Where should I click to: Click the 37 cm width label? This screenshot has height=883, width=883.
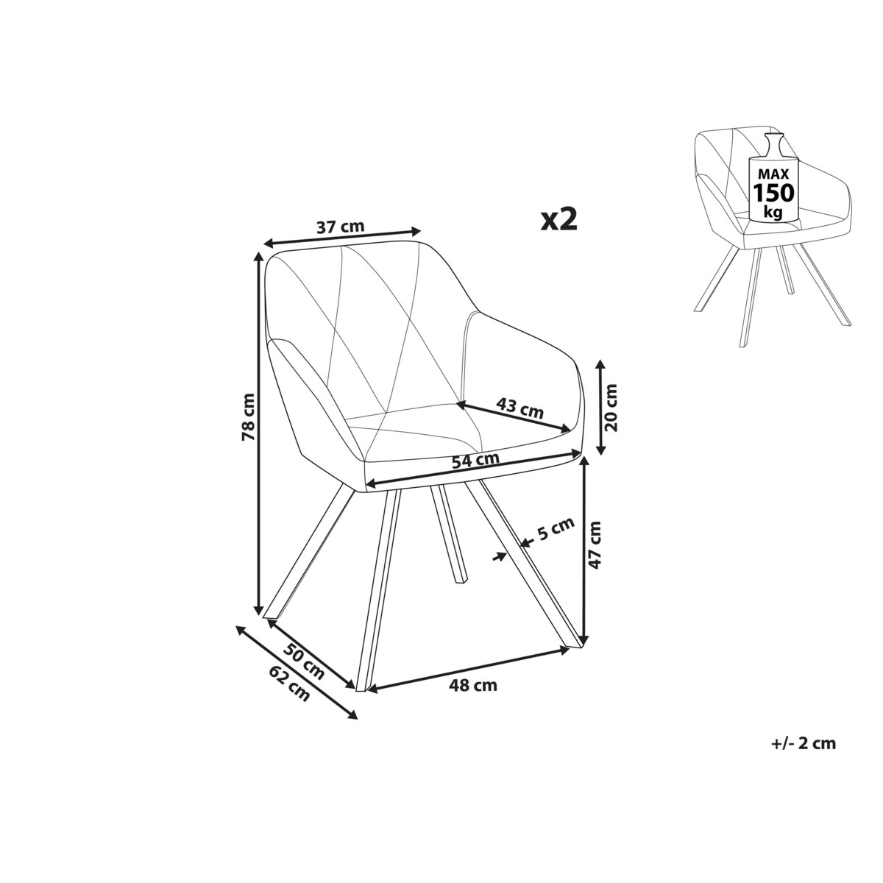pyautogui.click(x=341, y=226)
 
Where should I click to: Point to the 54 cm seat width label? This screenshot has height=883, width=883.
pyautogui.click(x=475, y=461)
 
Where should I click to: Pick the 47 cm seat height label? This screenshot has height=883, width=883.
pyautogui.click(x=595, y=545)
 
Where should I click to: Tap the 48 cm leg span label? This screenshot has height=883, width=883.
pyautogui.click(x=473, y=686)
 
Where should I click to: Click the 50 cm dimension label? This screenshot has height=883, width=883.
pyautogui.click(x=305, y=660)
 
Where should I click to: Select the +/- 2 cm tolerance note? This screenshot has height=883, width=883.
pyautogui.click(x=804, y=743)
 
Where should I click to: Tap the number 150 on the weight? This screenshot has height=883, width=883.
pyautogui.click(x=773, y=194)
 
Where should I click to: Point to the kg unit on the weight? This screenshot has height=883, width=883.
pyautogui.click(x=773, y=212)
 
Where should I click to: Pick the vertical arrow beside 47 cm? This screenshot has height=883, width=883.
pyautogui.click(x=585, y=548)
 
